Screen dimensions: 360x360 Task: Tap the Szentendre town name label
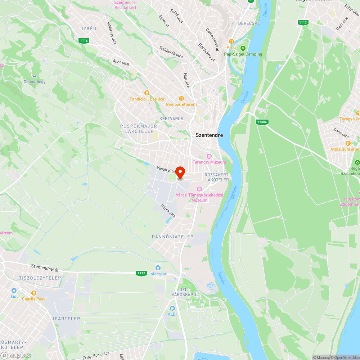pos(209,135)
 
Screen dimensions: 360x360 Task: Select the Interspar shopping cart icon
pos(158,268)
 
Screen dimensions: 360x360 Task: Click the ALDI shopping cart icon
pos(172,308)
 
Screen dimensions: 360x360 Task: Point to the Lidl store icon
pos(14,291)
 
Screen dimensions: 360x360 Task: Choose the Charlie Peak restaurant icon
pos(34,293)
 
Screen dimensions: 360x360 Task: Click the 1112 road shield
pos(141,273)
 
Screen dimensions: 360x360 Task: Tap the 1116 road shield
pos(84,41)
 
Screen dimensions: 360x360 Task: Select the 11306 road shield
pos(262,122)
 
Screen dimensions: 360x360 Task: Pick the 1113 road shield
pos(303,22)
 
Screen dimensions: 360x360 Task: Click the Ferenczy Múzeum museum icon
pos(209,156)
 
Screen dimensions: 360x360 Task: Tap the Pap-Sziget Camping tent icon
pos(243,48)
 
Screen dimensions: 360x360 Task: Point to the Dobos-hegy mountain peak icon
pos(35,76)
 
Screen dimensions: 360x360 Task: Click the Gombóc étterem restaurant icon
pos(181,98)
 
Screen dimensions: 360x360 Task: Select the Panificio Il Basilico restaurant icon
pos(147,93)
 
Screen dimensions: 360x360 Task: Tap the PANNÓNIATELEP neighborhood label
pos(172,237)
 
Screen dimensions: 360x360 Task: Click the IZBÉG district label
pos(89,28)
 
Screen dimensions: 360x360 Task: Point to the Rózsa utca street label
pos(168,211)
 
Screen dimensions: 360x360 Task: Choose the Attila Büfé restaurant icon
pos(348,143)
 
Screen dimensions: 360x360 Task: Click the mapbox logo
pos(16,355)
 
